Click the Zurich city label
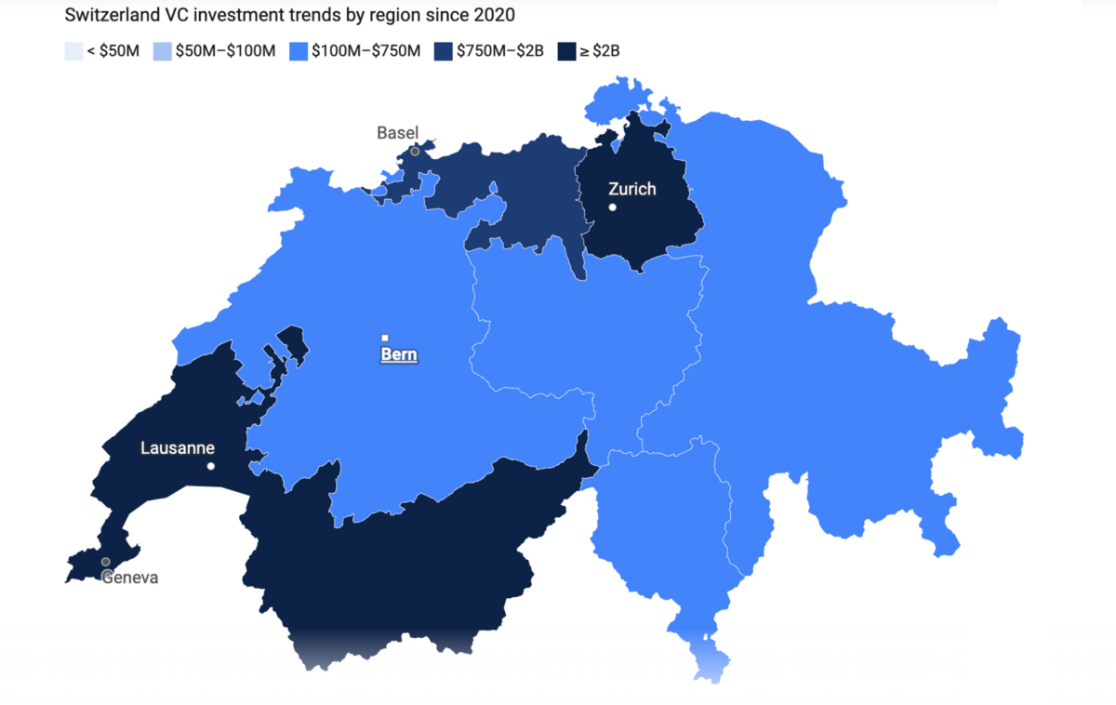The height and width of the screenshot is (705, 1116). tap(631, 189)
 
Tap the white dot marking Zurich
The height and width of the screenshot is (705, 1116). tap(612, 206)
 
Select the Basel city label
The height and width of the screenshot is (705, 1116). tap(397, 133)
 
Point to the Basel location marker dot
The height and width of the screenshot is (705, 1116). tap(415, 151)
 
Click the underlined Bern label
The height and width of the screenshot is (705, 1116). tap(399, 354)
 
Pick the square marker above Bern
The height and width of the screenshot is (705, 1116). tap(385, 338)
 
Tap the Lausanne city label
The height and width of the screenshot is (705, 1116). tap(178, 448)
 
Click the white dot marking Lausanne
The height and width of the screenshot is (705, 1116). tap(211, 466)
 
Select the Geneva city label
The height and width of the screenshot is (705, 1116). tap(130, 578)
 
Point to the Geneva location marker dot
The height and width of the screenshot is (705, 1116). tap(106, 562)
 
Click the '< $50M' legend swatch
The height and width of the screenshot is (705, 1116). tap(73, 51)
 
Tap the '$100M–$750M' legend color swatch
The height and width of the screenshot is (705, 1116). tap(299, 51)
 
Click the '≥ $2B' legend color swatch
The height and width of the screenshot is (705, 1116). tap(565, 51)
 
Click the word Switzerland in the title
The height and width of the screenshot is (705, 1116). tap(107, 16)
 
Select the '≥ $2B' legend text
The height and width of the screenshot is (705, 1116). tap(600, 51)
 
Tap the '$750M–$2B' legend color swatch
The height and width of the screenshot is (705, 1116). tap(443, 51)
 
